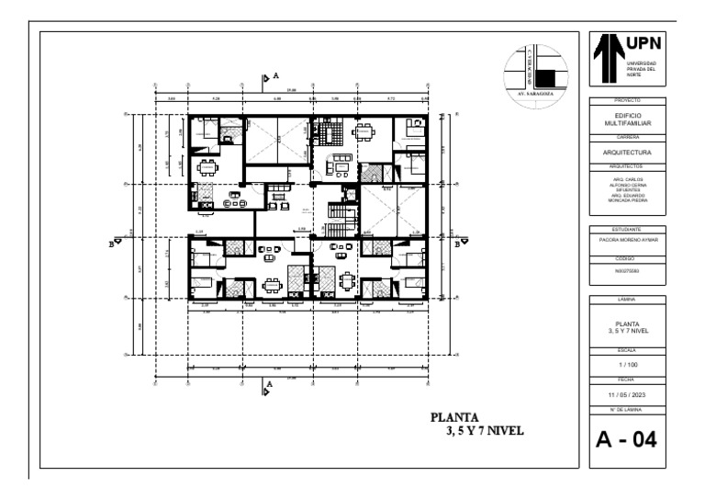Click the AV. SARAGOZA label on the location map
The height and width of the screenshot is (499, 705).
click(x=536, y=94)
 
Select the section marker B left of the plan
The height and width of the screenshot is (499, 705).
click(x=111, y=244)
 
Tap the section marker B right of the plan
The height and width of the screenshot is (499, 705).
click(x=457, y=244)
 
